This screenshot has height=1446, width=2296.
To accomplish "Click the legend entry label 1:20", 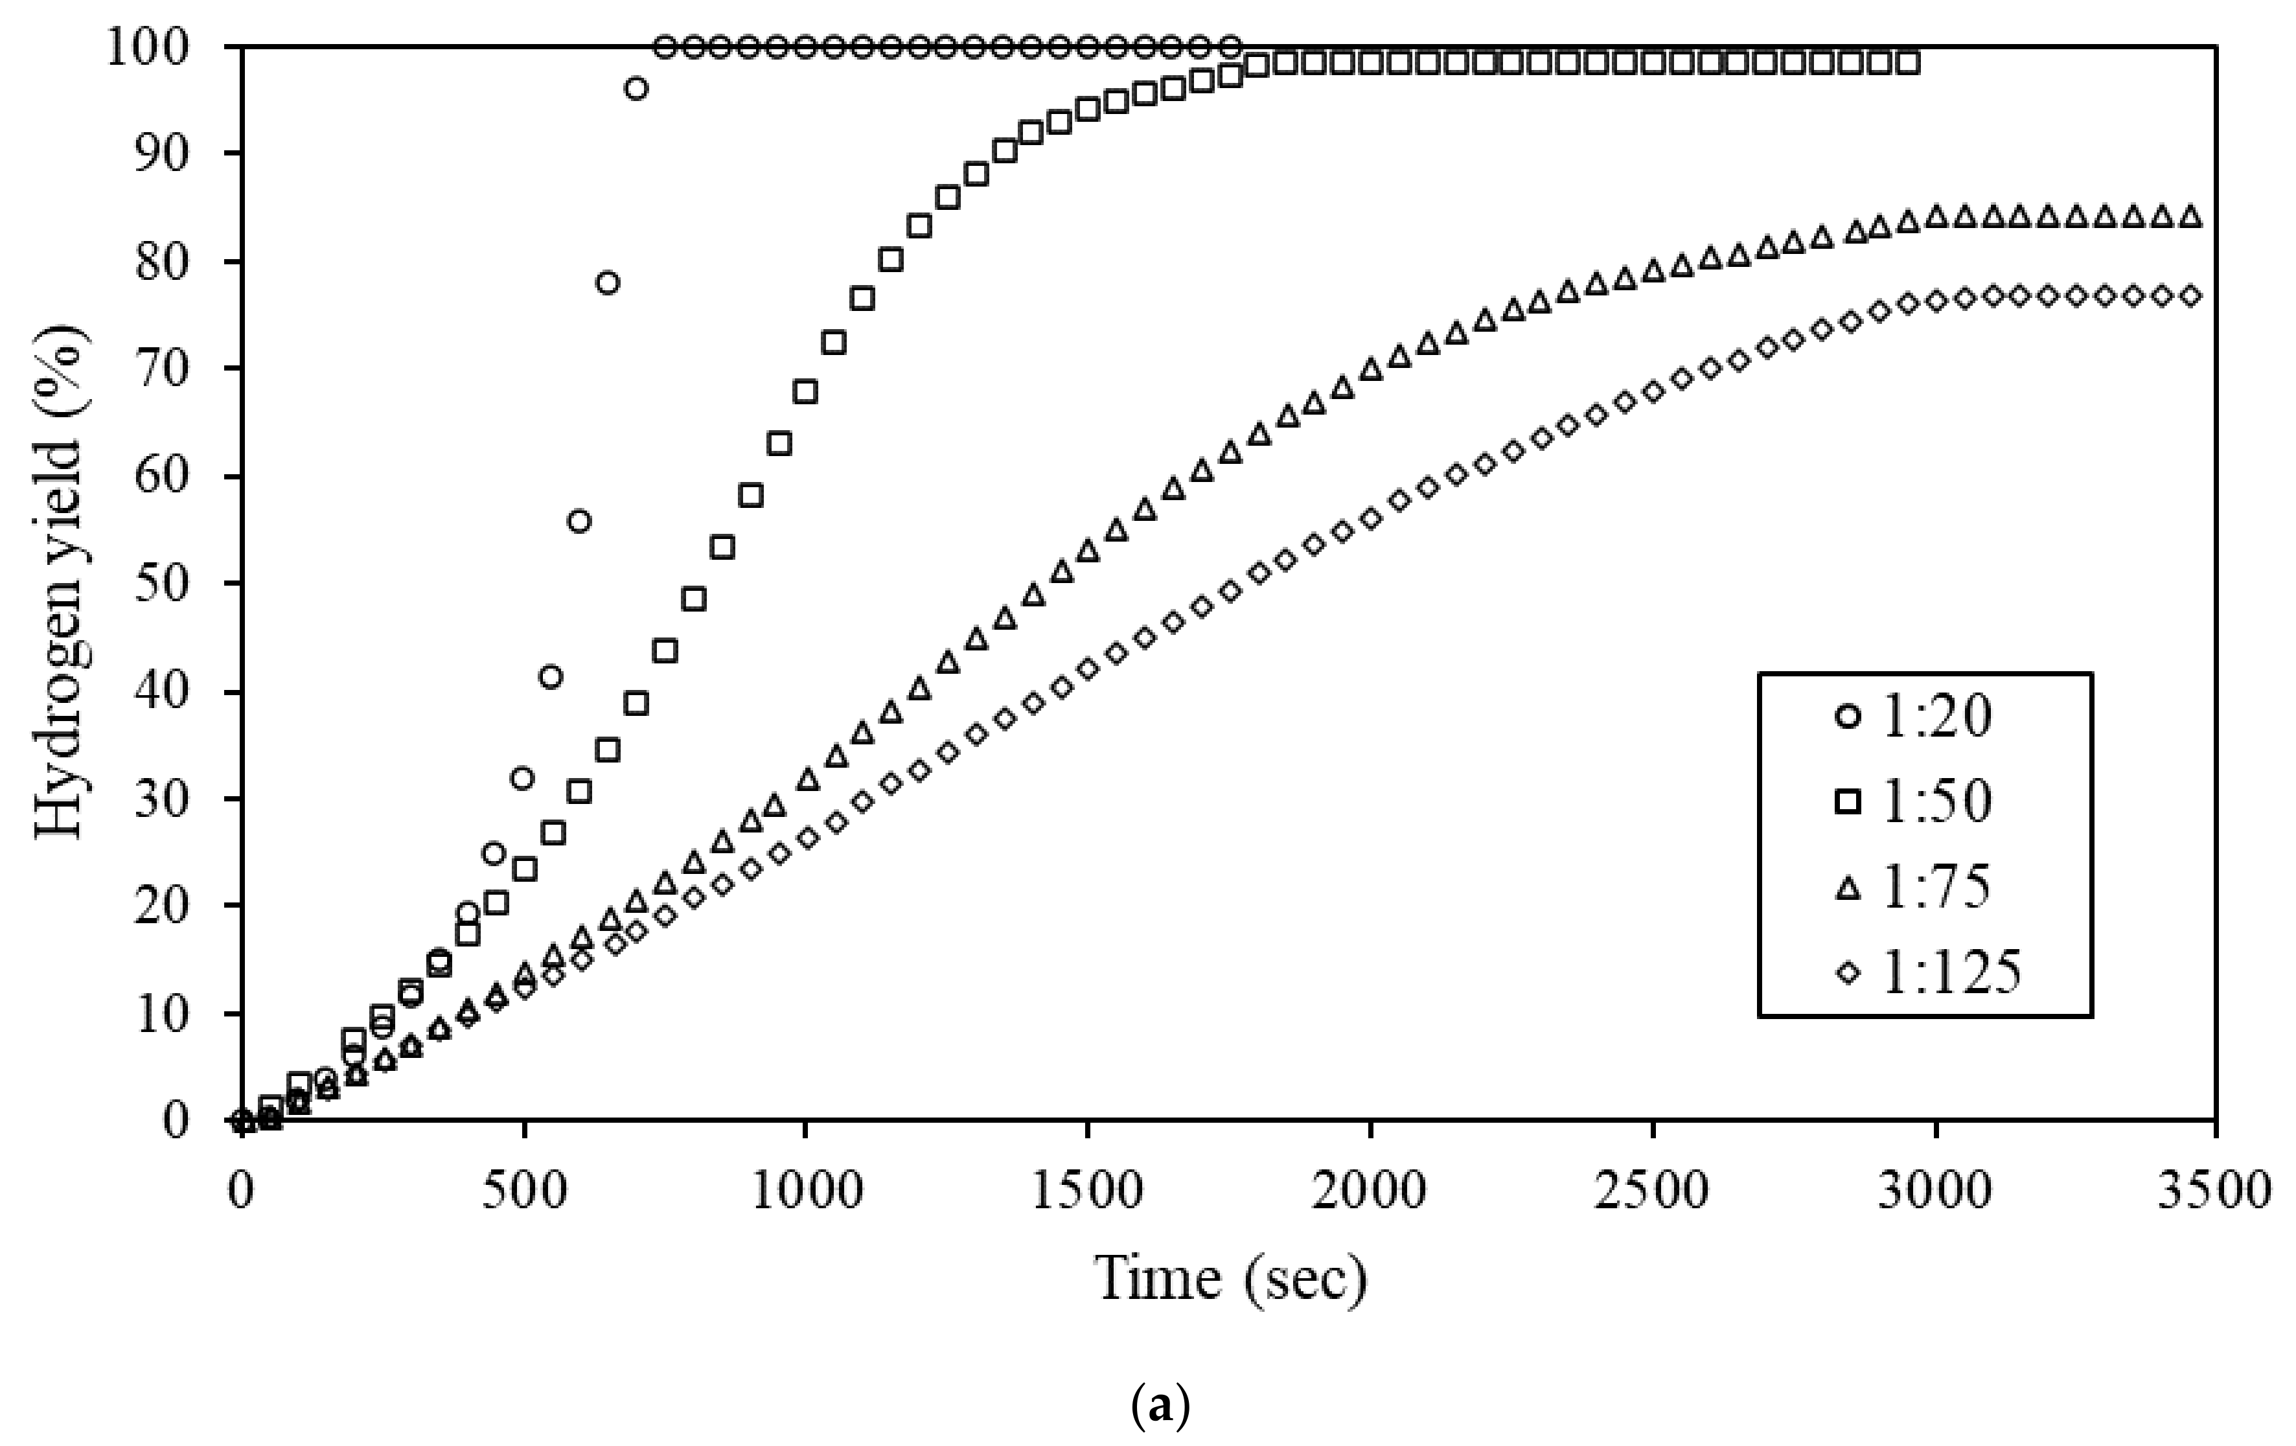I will click(1936, 716).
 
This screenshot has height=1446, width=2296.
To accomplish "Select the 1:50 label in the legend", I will click(1936, 801).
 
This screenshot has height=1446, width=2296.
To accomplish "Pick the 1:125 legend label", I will click(1950, 973).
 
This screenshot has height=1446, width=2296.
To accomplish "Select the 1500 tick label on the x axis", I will click(1088, 1191).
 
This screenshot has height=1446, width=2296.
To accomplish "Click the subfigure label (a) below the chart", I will click(1160, 1406).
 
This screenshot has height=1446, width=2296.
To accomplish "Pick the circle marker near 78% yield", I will click(608, 283).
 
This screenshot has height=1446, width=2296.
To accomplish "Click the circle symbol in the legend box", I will click(1848, 716).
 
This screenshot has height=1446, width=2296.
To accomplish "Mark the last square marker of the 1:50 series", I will click(1908, 63).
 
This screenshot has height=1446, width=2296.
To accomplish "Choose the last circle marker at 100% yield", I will click(1230, 46).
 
